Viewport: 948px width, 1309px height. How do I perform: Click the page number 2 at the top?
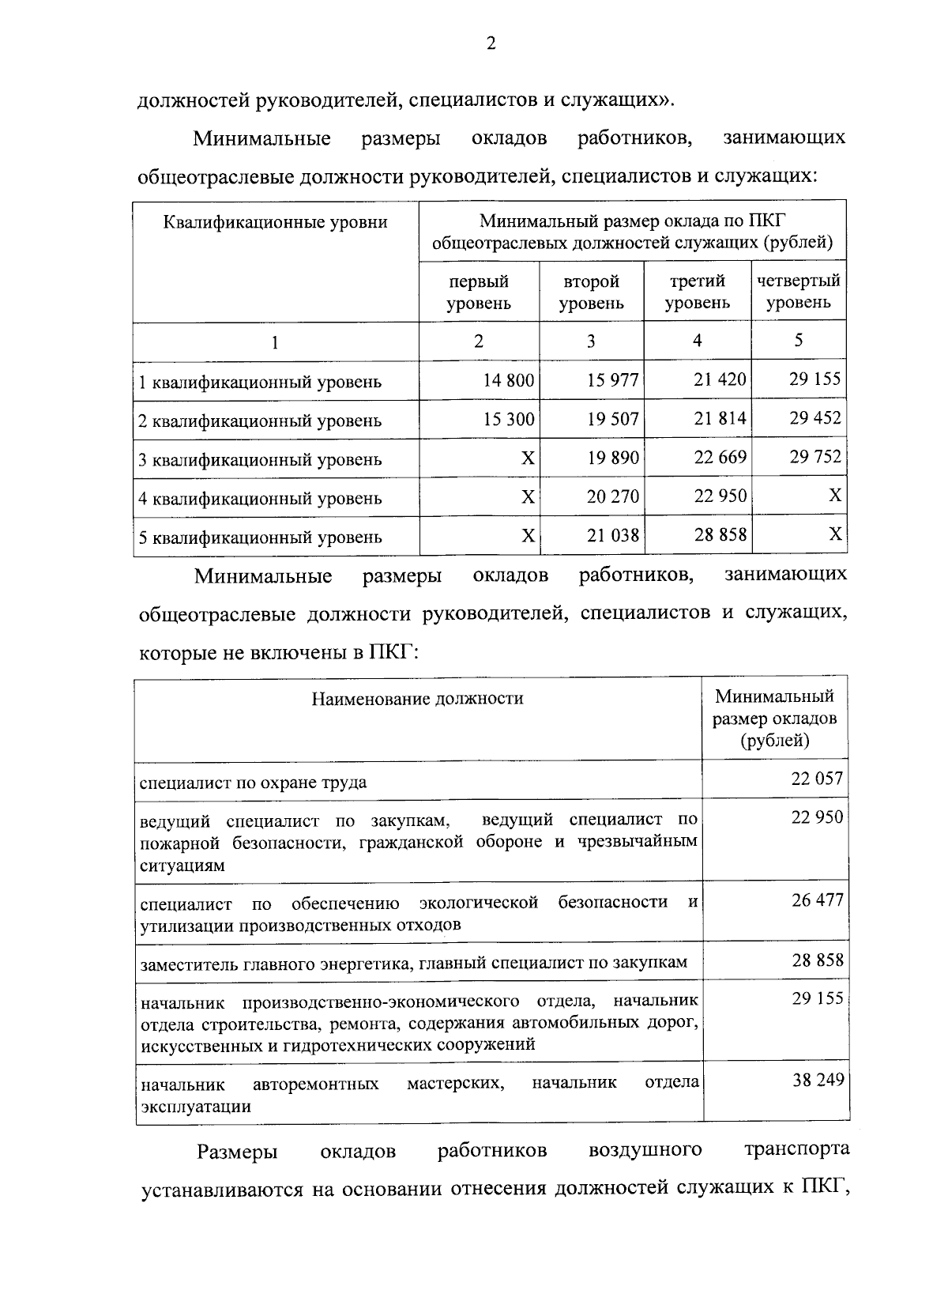coord(491,45)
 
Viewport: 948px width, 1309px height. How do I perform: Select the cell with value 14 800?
coord(509,381)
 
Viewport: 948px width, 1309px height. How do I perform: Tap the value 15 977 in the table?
coord(613,381)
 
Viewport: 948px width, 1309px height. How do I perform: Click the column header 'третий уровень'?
coord(697,292)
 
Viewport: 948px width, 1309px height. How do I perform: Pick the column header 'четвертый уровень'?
coord(798,291)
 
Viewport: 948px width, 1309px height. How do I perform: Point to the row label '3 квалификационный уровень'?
coord(260,459)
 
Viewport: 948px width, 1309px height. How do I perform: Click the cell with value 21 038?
coord(613,536)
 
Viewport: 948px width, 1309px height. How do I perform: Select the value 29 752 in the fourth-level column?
coord(815,457)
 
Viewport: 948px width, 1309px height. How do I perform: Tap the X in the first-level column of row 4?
coord(528,497)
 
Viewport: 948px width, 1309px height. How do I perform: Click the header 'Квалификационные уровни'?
coord(275,222)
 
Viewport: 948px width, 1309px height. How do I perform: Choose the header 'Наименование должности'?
coord(417,698)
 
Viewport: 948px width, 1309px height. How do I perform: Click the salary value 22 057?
coord(818,779)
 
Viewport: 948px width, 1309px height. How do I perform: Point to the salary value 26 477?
coord(818,900)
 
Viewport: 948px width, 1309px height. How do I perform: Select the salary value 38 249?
coord(818,1080)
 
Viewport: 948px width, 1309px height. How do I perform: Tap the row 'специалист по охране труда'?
coord(253,783)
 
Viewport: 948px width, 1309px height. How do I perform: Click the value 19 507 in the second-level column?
coord(613,419)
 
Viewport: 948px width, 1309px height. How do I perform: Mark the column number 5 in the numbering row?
coord(799,340)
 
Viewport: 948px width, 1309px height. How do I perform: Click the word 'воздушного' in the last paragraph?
coord(645,1150)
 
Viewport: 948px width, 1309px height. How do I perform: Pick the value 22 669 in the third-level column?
coord(720,457)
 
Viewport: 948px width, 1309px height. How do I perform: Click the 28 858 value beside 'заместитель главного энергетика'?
coord(818,960)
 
